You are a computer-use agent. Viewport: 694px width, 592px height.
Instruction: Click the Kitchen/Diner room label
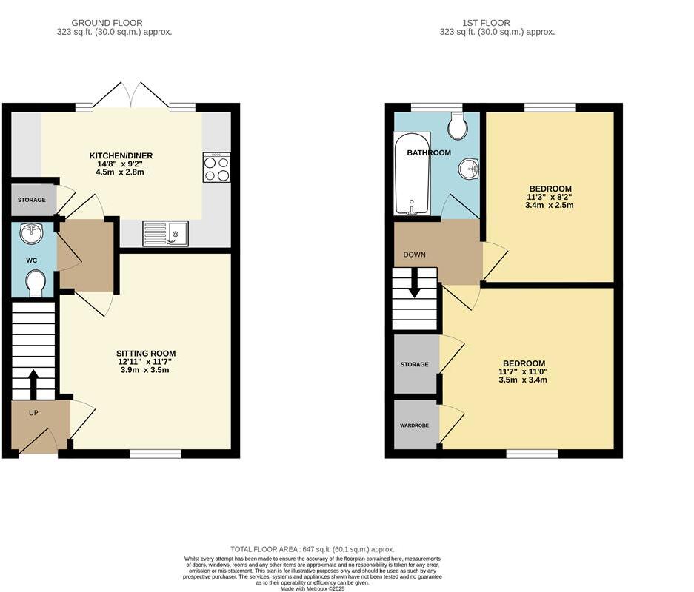click(x=121, y=155)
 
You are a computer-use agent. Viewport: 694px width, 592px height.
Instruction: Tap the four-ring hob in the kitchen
click(x=216, y=167)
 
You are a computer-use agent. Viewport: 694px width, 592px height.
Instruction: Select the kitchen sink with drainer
click(x=165, y=233)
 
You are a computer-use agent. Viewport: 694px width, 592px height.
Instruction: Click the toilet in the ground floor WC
click(x=35, y=283)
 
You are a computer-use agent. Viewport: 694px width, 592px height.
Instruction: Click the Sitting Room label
click(x=145, y=353)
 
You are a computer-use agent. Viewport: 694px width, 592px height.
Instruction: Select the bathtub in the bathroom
click(x=411, y=174)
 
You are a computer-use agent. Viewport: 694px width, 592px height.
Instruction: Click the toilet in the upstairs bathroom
click(x=458, y=127)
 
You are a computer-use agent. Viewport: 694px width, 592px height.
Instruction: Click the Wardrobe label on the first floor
click(x=415, y=425)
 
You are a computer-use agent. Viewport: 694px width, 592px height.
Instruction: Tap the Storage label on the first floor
click(x=415, y=365)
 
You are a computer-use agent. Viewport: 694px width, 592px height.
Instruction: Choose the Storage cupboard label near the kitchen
click(x=33, y=201)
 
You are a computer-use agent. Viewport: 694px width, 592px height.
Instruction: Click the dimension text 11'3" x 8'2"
click(x=550, y=197)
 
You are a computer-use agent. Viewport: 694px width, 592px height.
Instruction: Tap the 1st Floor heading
click(x=497, y=23)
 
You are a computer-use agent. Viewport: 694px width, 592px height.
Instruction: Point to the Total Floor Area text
click(x=312, y=548)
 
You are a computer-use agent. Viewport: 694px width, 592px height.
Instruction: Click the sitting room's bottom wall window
click(x=156, y=454)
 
